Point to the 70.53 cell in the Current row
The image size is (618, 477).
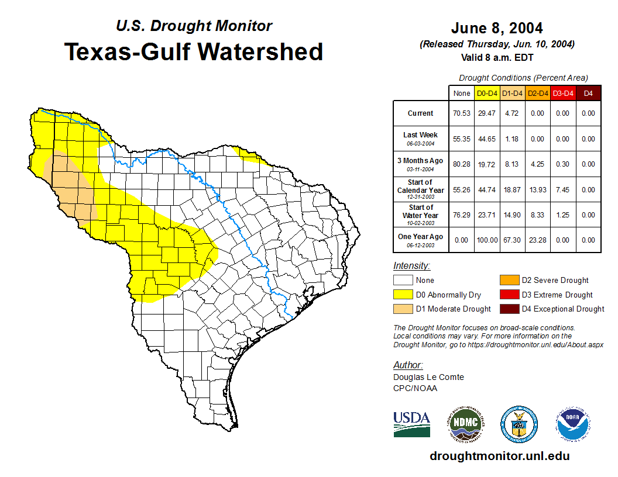[x=462, y=113]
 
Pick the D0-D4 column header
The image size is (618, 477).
[x=487, y=93]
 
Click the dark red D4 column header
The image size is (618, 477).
[x=588, y=93]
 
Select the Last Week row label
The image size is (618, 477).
[x=421, y=138]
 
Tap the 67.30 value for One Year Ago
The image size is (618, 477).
[x=512, y=240]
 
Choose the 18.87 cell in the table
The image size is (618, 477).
[x=512, y=190]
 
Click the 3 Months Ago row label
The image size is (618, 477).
[x=421, y=164]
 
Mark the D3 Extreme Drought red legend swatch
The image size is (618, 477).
[x=509, y=295]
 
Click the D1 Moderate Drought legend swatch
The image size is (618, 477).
[x=403, y=309]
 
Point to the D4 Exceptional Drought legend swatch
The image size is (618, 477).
[x=509, y=309]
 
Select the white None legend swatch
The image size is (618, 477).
[x=403, y=281]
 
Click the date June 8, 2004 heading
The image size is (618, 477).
[x=497, y=28]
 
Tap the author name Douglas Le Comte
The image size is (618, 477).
[x=428, y=377]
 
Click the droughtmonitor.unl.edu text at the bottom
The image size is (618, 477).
[x=499, y=456]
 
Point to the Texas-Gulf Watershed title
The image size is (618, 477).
[x=193, y=52]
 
